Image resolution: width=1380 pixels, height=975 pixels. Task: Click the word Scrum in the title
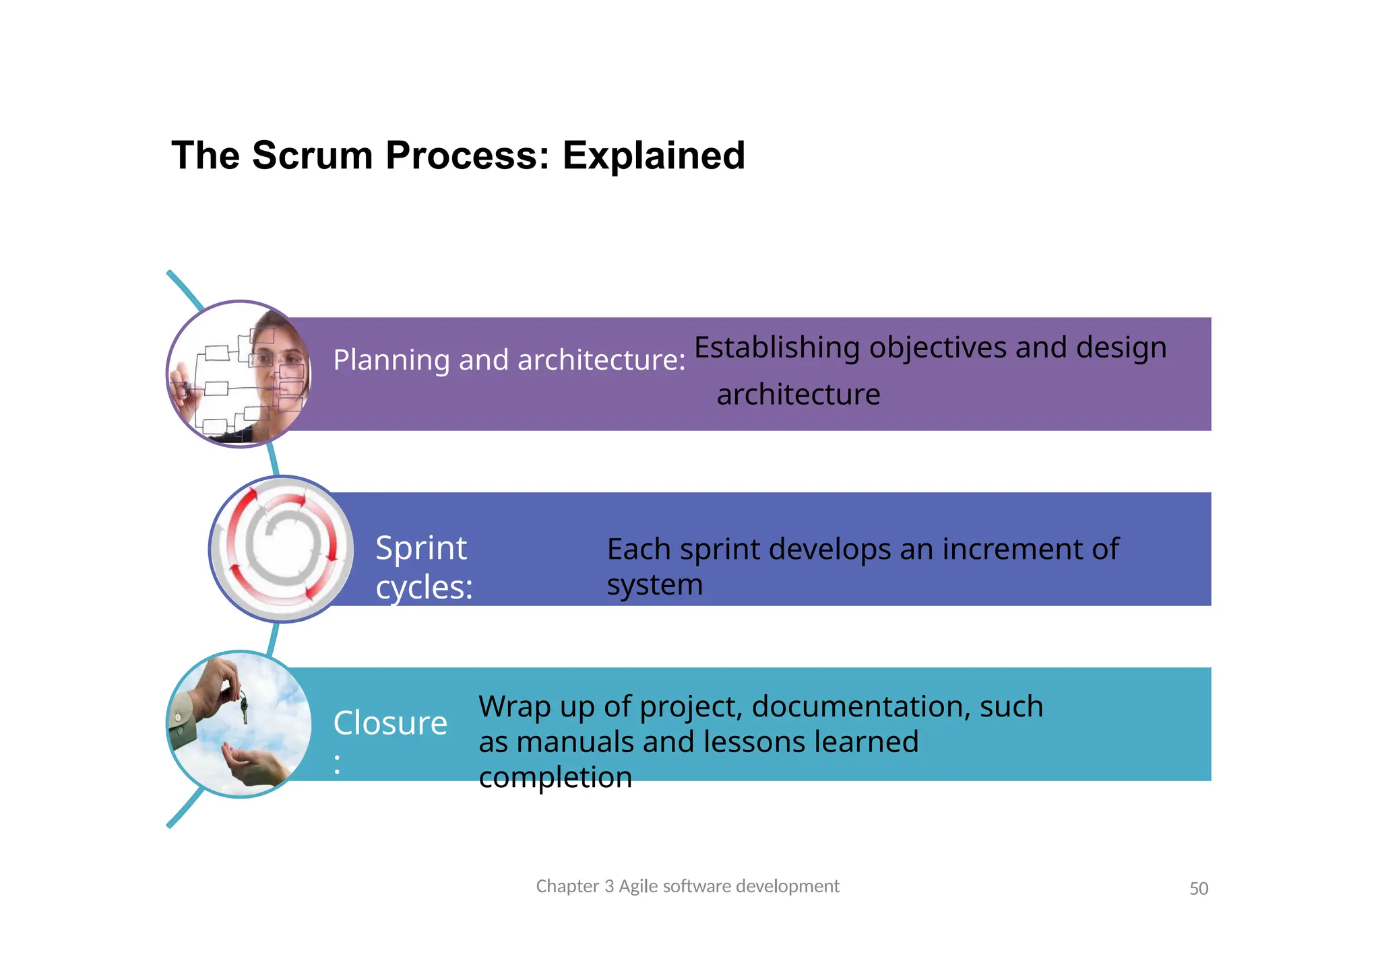click(x=312, y=156)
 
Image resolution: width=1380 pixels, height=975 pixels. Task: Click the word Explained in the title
click(x=653, y=156)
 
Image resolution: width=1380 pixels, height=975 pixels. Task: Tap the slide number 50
click(x=1198, y=889)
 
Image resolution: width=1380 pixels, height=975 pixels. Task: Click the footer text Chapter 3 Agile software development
click(x=687, y=886)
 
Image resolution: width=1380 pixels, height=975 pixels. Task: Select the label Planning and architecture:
click(x=509, y=360)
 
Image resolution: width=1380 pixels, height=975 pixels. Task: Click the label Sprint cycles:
click(x=423, y=567)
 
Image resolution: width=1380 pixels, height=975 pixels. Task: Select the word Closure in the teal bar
click(x=390, y=724)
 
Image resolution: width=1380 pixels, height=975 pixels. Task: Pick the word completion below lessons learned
click(x=555, y=778)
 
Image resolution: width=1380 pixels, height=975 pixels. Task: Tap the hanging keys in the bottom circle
click(x=243, y=707)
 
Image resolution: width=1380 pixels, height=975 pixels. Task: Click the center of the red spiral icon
click(x=282, y=549)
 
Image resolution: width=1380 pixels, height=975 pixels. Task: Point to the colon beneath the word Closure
click(x=337, y=764)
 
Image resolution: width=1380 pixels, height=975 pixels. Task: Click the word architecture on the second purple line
click(x=798, y=395)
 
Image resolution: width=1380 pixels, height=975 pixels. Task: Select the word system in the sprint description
click(x=654, y=584)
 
